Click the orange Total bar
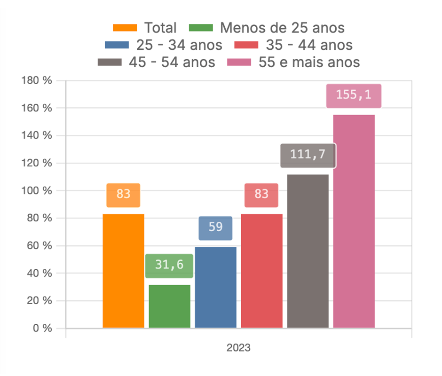coord(123,271)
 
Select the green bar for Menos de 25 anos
coord(169,306)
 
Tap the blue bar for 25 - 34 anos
coord(215,287)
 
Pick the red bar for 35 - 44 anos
coord(261,271)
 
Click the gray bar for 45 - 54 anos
coord(308,251)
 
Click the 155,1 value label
coord(354,95)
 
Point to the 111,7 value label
coord(308,155)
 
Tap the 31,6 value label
coord(169,266)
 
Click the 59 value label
coord(215,227)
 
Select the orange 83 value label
coord(123,195)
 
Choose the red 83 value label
coord(261,195)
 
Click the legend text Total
coord(160,28)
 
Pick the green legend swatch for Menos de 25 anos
coord(201,28)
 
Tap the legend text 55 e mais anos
coord(309,63)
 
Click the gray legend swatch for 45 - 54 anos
coord(110,63)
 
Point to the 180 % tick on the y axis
coord(36,80)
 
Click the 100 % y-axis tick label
coord(36,191)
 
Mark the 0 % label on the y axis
coord(41,329)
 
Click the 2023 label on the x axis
coord(238,349)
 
